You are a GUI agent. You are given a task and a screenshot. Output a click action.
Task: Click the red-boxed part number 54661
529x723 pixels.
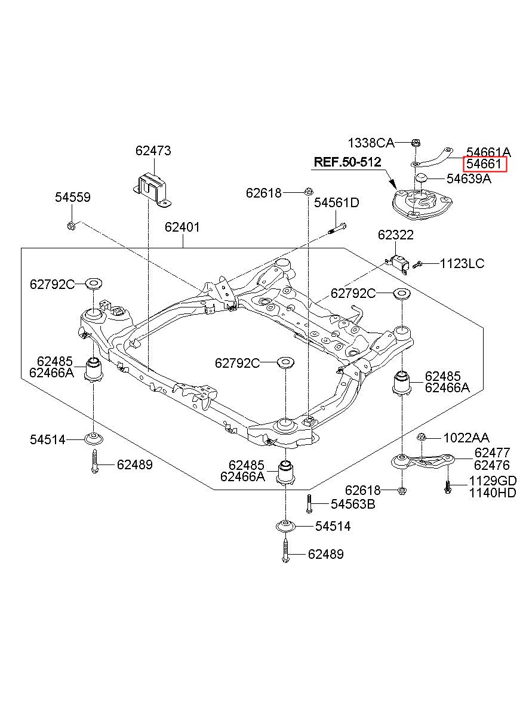click(485, 164)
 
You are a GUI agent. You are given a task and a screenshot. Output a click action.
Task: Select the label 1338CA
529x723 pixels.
click(371, 143)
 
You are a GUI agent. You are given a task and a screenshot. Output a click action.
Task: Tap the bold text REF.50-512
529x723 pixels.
click(347, 162)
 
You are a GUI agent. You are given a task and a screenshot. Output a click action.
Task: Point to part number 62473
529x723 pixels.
click(153, 150)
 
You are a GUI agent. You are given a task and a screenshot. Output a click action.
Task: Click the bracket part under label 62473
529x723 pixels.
click(152, 189)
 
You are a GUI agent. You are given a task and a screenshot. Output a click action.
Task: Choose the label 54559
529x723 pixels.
click(73, 197)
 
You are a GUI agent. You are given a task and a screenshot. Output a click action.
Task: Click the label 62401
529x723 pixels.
click(182, 227)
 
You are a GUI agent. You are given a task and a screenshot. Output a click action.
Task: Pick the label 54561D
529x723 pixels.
click(337, 203)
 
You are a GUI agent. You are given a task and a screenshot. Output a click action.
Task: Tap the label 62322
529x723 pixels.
click(396, 235)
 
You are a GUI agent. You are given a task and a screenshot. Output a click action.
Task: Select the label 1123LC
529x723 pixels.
click(462, 264)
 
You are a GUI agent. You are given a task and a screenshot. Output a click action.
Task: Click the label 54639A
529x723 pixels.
click(469, 179)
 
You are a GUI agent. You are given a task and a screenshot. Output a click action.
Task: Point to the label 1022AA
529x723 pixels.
click(466, 438)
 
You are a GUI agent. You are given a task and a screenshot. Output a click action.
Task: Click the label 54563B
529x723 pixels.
click(353, 504)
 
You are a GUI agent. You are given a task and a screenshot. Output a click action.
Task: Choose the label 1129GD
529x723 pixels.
click(493, 481)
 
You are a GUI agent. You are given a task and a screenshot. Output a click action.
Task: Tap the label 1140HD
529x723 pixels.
click(493, 493)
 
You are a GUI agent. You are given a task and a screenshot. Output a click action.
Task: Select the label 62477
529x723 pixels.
click(492, 453)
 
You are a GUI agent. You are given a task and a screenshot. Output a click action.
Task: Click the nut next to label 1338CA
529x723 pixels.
click(415, 143)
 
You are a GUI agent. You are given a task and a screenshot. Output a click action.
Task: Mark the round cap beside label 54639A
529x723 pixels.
click(420, 178)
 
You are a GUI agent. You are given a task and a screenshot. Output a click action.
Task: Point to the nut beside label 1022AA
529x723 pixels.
click(422, 437)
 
